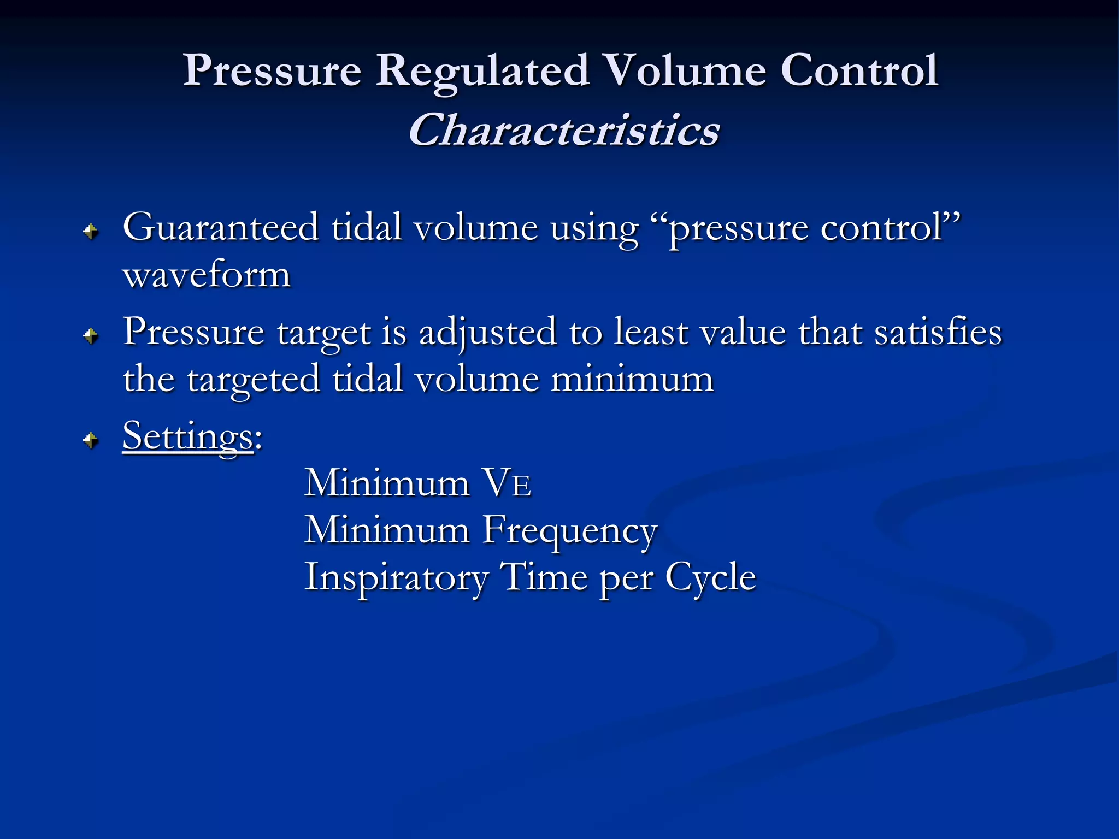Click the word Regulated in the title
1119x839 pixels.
482,71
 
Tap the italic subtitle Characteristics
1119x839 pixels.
564,131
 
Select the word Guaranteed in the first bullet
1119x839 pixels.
221,227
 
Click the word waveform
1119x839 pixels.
207,275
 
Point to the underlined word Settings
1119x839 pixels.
188,436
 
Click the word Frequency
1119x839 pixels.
569,530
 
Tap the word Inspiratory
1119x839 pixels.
396,578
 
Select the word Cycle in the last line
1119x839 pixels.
710,578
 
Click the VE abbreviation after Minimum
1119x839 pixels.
508,483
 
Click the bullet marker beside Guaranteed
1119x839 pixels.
91,232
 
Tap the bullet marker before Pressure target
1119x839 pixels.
91,335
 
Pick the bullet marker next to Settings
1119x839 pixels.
91,439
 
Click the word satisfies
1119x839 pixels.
938,332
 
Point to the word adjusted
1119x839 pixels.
487,333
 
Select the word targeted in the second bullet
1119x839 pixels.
254,380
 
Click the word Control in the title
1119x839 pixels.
859,71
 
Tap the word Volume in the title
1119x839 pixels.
686,71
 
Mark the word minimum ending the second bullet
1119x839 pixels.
632,379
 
